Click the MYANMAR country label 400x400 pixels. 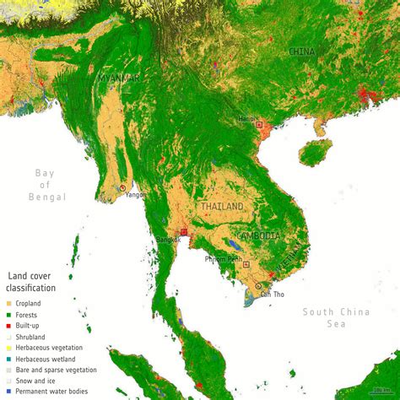tap(118, 78)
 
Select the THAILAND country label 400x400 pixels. tap(222, 207)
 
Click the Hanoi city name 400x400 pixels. tap(246, 119)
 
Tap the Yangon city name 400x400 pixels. tap(135, 195)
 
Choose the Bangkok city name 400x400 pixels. tap(168, 240)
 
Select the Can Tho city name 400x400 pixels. tap(272, 294)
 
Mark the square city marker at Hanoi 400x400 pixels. tap(260, 124)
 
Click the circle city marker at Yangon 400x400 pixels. tap(123, 187)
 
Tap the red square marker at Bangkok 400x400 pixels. tap(184, 231)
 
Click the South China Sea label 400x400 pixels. tap(336, 317)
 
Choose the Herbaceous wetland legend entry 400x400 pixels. tap(51, 359)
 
